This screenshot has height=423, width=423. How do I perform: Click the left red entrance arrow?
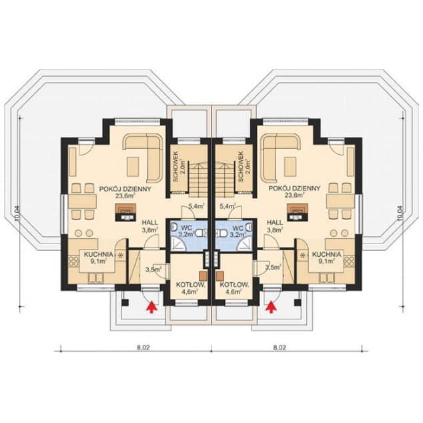[151, 306]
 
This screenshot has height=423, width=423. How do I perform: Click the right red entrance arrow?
[271, 306]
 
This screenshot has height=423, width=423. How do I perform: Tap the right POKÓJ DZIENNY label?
[294, 189]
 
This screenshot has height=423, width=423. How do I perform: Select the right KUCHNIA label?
[326, 254]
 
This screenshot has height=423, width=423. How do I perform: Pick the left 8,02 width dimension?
[136, 347]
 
